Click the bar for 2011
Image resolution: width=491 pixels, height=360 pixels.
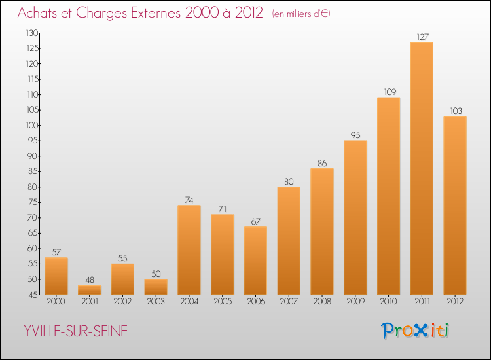coord(422,168)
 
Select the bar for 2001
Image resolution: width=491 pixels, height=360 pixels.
coord(90,290)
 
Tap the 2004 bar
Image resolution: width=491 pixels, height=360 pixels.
coord(189,250)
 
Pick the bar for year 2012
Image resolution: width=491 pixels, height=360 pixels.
coord(455,206)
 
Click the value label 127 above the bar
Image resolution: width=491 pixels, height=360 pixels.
coord(422,37)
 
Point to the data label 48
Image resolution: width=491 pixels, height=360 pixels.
coord(90,280)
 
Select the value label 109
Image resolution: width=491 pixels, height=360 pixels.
coord(390,92)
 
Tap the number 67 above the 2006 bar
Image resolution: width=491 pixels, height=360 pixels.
coord(255,221)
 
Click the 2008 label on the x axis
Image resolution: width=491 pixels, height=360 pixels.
coord(322,301)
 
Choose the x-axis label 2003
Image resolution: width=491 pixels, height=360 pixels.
coord(156,301)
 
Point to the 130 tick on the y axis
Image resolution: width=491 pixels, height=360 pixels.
coord(32,33)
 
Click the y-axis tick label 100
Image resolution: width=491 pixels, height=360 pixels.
coord(33,125)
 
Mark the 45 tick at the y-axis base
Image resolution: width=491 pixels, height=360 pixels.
coord(33,295)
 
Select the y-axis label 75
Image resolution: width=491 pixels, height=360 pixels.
coord(33,202)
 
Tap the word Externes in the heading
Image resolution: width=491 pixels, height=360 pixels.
coord(156,12)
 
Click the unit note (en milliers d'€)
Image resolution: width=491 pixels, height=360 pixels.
coord(301,14)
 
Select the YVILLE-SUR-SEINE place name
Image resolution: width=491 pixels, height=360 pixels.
coord(76,331)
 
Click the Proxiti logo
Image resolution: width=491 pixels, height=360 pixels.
coord(415,331)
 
